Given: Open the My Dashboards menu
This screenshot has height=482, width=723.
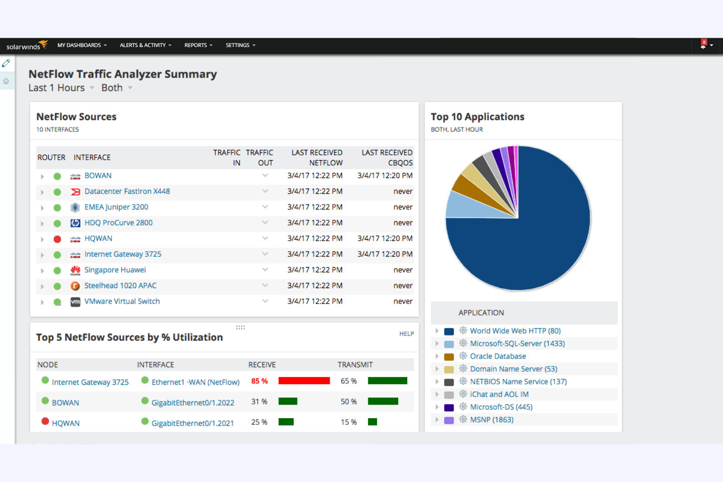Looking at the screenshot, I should (x=82, y=45).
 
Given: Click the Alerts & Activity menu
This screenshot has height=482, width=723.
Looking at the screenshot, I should (x=145, y=45).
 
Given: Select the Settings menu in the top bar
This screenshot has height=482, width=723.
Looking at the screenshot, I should (x=240, y=45).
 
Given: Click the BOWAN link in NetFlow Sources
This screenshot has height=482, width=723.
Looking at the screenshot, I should (x=98, y=176).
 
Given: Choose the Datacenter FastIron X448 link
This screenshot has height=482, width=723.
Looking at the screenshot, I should (x=127, y=191).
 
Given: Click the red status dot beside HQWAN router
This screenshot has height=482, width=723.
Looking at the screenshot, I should (x=57, y=239).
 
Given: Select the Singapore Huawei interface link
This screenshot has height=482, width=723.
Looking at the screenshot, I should (x=115, y=270).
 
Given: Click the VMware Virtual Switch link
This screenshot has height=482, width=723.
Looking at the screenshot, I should (x=122, y=301).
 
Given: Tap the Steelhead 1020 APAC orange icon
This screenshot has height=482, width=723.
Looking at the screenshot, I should (x=75, y=286).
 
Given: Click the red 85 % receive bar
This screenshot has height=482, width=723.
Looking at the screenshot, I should (x=304, y=381).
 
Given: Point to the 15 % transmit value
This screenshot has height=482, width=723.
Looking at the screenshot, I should (x=348, y=422).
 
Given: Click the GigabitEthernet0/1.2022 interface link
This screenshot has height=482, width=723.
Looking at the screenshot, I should (x=192, y=403).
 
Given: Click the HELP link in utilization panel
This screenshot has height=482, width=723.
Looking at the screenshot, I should (x=406, y=334).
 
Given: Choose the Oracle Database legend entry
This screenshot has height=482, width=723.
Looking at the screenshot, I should (x=497, y=356).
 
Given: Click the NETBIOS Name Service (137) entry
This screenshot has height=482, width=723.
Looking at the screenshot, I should (x=518, y=382).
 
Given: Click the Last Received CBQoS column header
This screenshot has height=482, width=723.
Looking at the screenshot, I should (x=386, y=158).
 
